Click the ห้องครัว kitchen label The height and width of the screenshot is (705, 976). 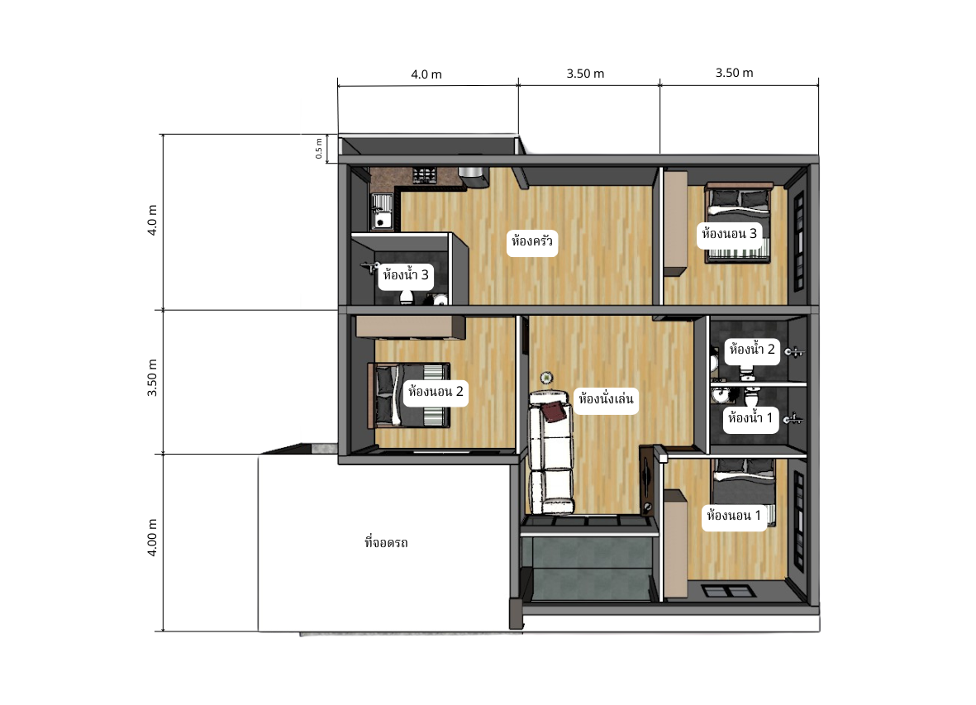[531, 241]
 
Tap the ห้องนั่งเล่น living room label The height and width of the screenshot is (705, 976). [606, 399]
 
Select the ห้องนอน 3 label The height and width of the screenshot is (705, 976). [729, 234]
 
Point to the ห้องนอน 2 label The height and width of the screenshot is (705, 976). [436, 392]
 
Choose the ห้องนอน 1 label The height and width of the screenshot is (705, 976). [734, 516]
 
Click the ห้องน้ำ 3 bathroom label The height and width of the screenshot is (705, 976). [405, 275]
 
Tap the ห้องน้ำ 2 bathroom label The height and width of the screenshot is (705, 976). [752, 350]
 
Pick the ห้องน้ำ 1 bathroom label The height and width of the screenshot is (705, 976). [750, 418]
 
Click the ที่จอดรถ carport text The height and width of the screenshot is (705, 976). [386, 543]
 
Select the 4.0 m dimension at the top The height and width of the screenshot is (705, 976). [426, 74]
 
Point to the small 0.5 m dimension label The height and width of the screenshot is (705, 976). [319, 149]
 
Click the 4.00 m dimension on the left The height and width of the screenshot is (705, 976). [152, 537]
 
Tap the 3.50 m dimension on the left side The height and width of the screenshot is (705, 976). [152, 378]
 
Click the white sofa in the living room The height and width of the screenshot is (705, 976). [550, 453]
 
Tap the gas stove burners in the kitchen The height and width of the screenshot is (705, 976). [424, 175]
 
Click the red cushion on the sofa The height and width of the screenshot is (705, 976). [554, 411]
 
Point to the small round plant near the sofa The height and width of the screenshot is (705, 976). [546, 378]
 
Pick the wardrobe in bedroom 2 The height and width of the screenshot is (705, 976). [410, 327]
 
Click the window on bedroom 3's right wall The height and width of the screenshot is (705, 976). [799, 241]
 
